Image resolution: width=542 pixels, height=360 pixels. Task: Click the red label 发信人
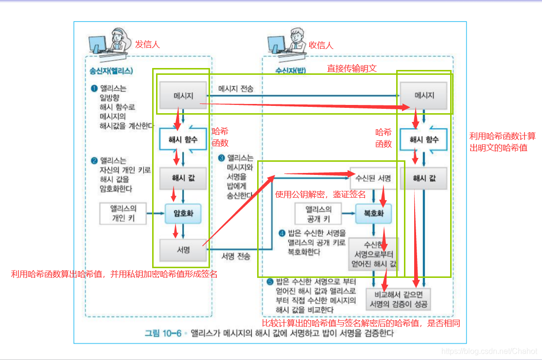(x=147, y=44)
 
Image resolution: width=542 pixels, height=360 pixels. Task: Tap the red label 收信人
(x=321, y=45)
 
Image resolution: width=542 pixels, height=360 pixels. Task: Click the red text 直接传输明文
(x=351, y=69)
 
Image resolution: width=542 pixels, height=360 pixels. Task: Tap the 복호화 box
(x=373, y=213)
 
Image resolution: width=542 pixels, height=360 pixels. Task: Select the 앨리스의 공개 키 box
(x=318, y=214)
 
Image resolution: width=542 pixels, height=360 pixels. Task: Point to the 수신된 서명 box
(x=373, y=179)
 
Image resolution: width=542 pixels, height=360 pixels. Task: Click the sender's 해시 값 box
(x=183, y=179)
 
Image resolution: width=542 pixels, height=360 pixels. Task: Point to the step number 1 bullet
(x=94, y=88)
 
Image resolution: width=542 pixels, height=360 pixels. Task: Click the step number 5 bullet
(x=270, y=282)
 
